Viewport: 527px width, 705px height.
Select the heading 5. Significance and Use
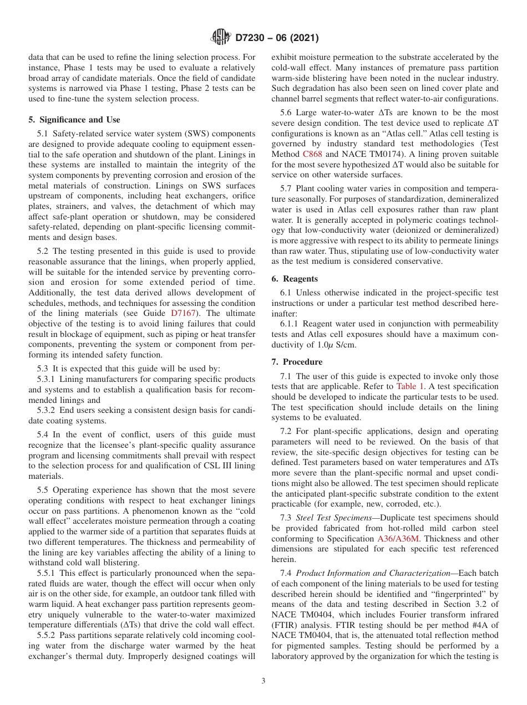pos(74,119)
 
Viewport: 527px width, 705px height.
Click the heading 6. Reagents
pos(294,279)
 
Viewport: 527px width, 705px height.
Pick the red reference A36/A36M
pos(398,538)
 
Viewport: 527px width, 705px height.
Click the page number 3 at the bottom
pos(263,681)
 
